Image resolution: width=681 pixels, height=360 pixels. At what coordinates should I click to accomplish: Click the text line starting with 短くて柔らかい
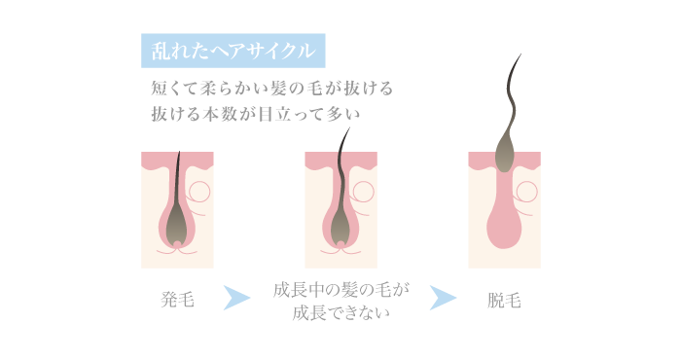pyautogui.click(x=272, y=89)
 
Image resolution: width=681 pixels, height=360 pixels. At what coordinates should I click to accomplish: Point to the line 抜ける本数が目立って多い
pyautogui.click(x=256, y=114)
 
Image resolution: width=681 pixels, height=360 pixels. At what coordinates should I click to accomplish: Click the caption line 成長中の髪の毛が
pyautogui.click(x=340, y=290)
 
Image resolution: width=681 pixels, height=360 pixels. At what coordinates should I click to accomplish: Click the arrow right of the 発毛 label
pyautogui.click(x=235, y=298)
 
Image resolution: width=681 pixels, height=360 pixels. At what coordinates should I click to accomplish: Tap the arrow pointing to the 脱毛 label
pyautogui.click(x=443, y=298)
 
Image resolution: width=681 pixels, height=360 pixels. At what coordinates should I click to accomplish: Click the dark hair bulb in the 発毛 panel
pyautogui.click(x=177, y=226)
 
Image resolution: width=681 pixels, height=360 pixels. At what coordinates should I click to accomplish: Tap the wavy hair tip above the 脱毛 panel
pyautogui.click(x=513, y=78)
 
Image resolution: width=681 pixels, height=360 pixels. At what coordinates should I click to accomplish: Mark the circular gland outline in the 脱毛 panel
pyautogui.click(x=529, y=193)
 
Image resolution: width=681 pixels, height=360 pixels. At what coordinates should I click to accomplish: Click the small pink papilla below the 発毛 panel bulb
pyautogui.click(x=177, y=246)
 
